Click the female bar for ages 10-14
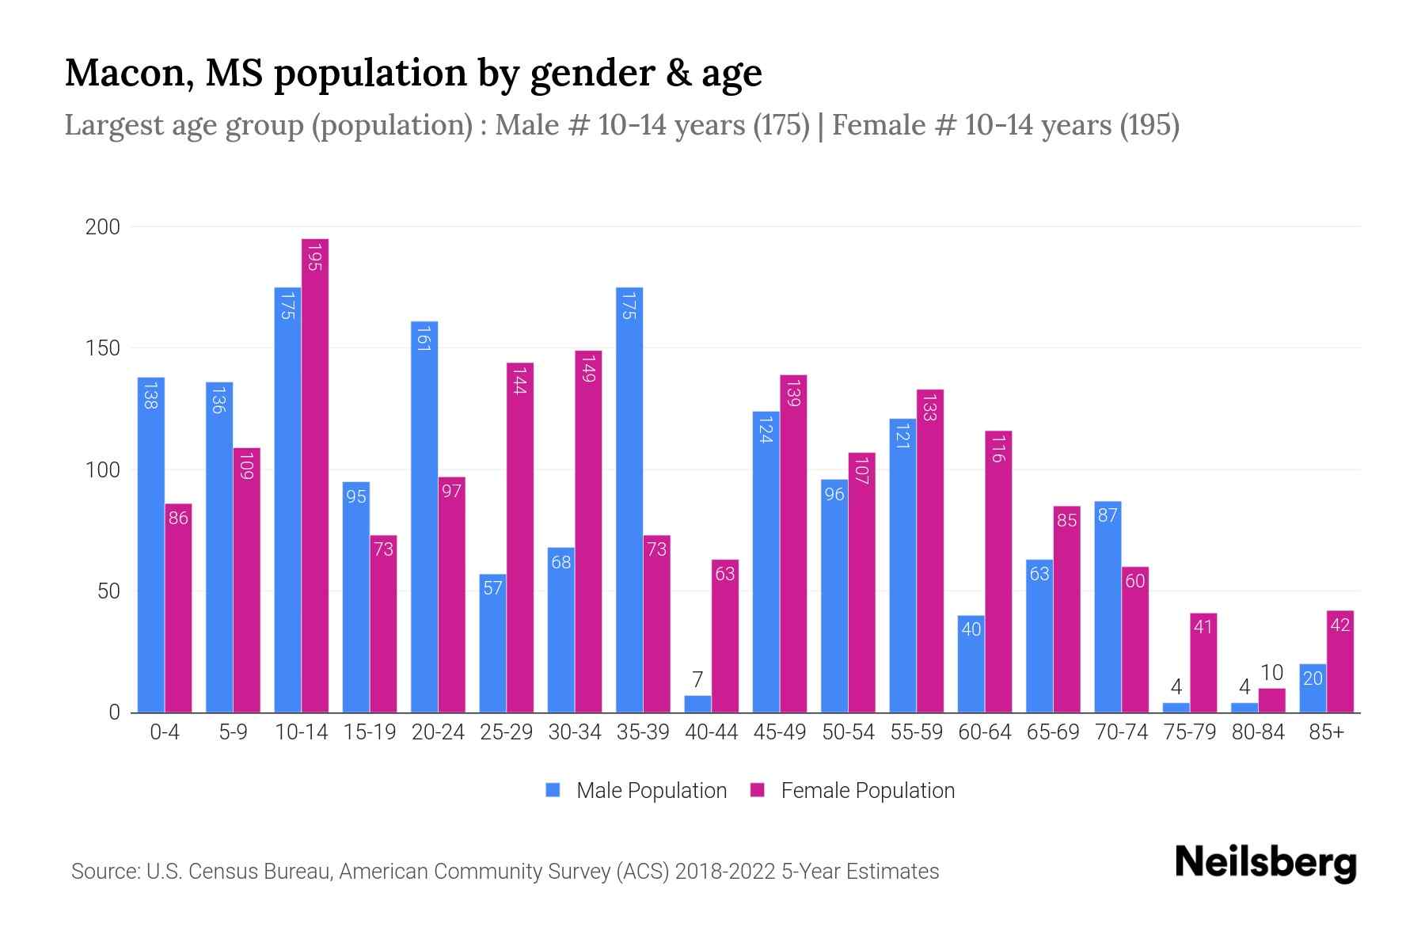pyautogui.click(x=314, y=475)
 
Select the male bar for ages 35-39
pyautogui.click(x=629, y=499)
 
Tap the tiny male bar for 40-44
pyautogui.click(x=697, y=705)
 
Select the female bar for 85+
pyautogui.click(x=1339, y=662)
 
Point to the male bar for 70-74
pyautogui.click(x=1108, y=606)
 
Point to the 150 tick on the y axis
pyautogui.click(x=103, y=348)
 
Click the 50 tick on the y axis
pyautogui.click(x=108, y=591)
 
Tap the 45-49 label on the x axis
pyautogui.click(x=779, y=732)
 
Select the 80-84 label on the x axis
pyautogui.click(x=1258, y=732)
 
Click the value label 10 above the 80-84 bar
pyautogui.click(x=1271, y=673)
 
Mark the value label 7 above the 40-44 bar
pyautogui.click(x=697, y=679)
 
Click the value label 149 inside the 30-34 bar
pyautogui.click(x=588, y=369)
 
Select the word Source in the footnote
pyautogui.click(x=104, y=872)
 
